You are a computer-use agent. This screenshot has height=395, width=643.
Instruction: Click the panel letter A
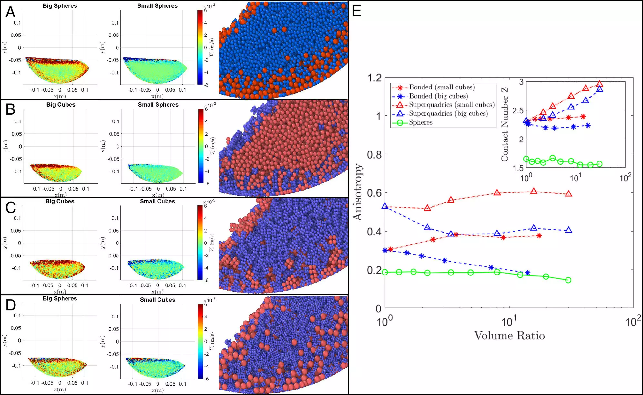(10, 12)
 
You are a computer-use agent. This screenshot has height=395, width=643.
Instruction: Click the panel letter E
(356, 11)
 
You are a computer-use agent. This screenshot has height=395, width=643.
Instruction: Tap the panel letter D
(11, 305)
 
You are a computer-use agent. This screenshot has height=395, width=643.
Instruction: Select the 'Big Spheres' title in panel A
(60, 6)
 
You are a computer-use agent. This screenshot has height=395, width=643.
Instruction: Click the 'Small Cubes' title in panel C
(157, 201)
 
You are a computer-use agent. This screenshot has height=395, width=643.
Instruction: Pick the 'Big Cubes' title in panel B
(61, 105)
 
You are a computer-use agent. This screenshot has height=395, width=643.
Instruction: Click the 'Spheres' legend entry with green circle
(420, 122)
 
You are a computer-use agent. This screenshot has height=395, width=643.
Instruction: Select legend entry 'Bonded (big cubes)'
(438, 96)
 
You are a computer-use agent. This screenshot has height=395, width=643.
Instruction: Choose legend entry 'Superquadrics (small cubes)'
(452, 105)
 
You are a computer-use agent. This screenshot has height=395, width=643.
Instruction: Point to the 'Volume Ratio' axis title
(509, 336)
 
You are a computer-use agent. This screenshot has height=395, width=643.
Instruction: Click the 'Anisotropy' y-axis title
(358, 192)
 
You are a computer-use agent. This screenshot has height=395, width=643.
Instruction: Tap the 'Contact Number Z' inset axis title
(505, 124)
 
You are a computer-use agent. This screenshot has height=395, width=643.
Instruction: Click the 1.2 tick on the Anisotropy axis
(374, 78)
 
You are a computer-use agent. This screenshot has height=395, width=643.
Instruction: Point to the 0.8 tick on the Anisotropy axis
(374, 155)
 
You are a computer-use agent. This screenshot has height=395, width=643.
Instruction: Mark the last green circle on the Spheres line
(568, 280)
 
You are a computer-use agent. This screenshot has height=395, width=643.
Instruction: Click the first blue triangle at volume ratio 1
(385, 206)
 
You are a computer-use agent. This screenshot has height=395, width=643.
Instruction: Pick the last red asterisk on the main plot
(539, 236)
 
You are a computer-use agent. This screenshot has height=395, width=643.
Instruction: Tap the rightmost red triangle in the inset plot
(599, 84)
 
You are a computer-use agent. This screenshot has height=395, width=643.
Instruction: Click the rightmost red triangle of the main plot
(569, 194)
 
